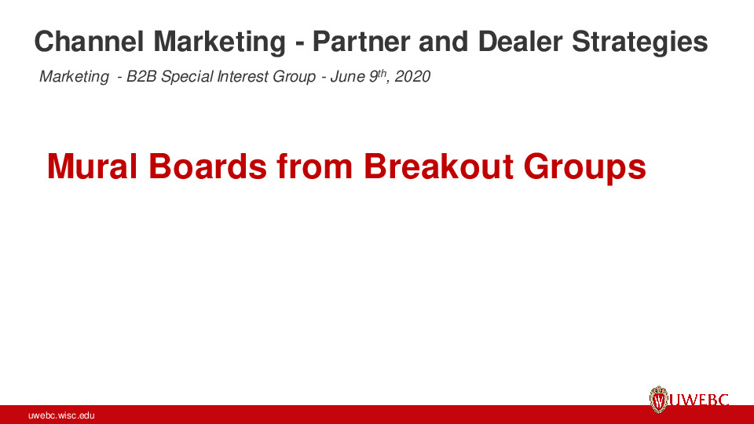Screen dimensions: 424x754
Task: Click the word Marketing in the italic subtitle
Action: (74, 77)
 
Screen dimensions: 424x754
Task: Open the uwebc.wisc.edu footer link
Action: (61, 415)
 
